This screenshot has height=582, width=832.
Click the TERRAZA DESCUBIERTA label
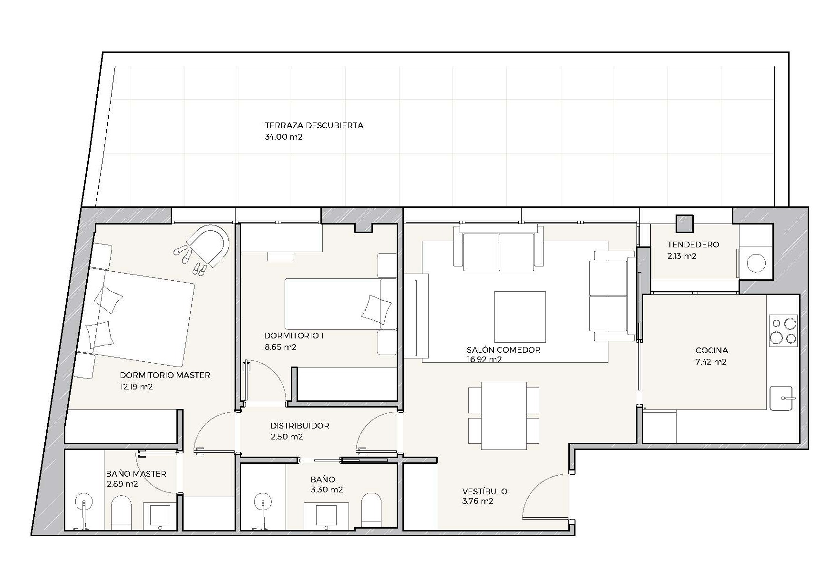tap(314, 126)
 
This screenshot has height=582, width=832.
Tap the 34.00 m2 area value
tap(284, 137)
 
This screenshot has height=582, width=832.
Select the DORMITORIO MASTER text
tap(165, 375)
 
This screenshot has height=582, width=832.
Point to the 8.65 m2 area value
tap(280, 347)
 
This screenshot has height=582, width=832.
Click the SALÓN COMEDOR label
tap(503, 350)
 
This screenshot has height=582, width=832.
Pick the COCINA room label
tap(712, 351)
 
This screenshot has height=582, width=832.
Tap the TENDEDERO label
tap(693, 245)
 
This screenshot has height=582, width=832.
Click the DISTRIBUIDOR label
tap(300, 426)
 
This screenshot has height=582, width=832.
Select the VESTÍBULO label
tap(485, 491)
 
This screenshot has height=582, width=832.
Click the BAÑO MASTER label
tap(136, 474)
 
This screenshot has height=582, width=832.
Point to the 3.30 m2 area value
tap(327, 490)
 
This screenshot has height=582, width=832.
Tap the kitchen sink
tap(781, 398)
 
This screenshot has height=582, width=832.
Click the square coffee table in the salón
tap(520, 317)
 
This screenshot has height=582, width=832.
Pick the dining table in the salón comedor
tap(504, 416)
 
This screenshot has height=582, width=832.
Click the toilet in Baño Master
tap(121, 512)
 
